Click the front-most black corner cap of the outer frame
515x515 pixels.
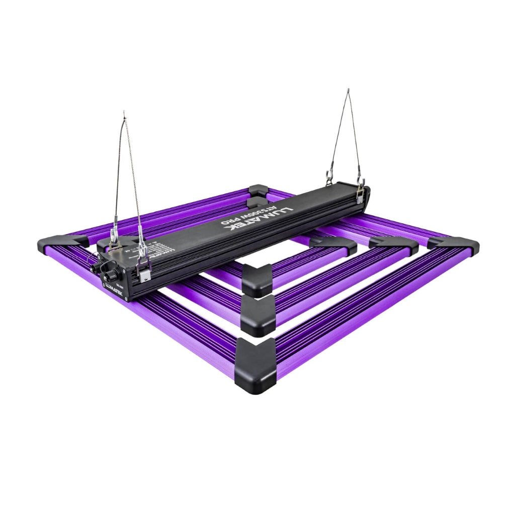point(255,365)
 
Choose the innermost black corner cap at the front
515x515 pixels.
point(257,280)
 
